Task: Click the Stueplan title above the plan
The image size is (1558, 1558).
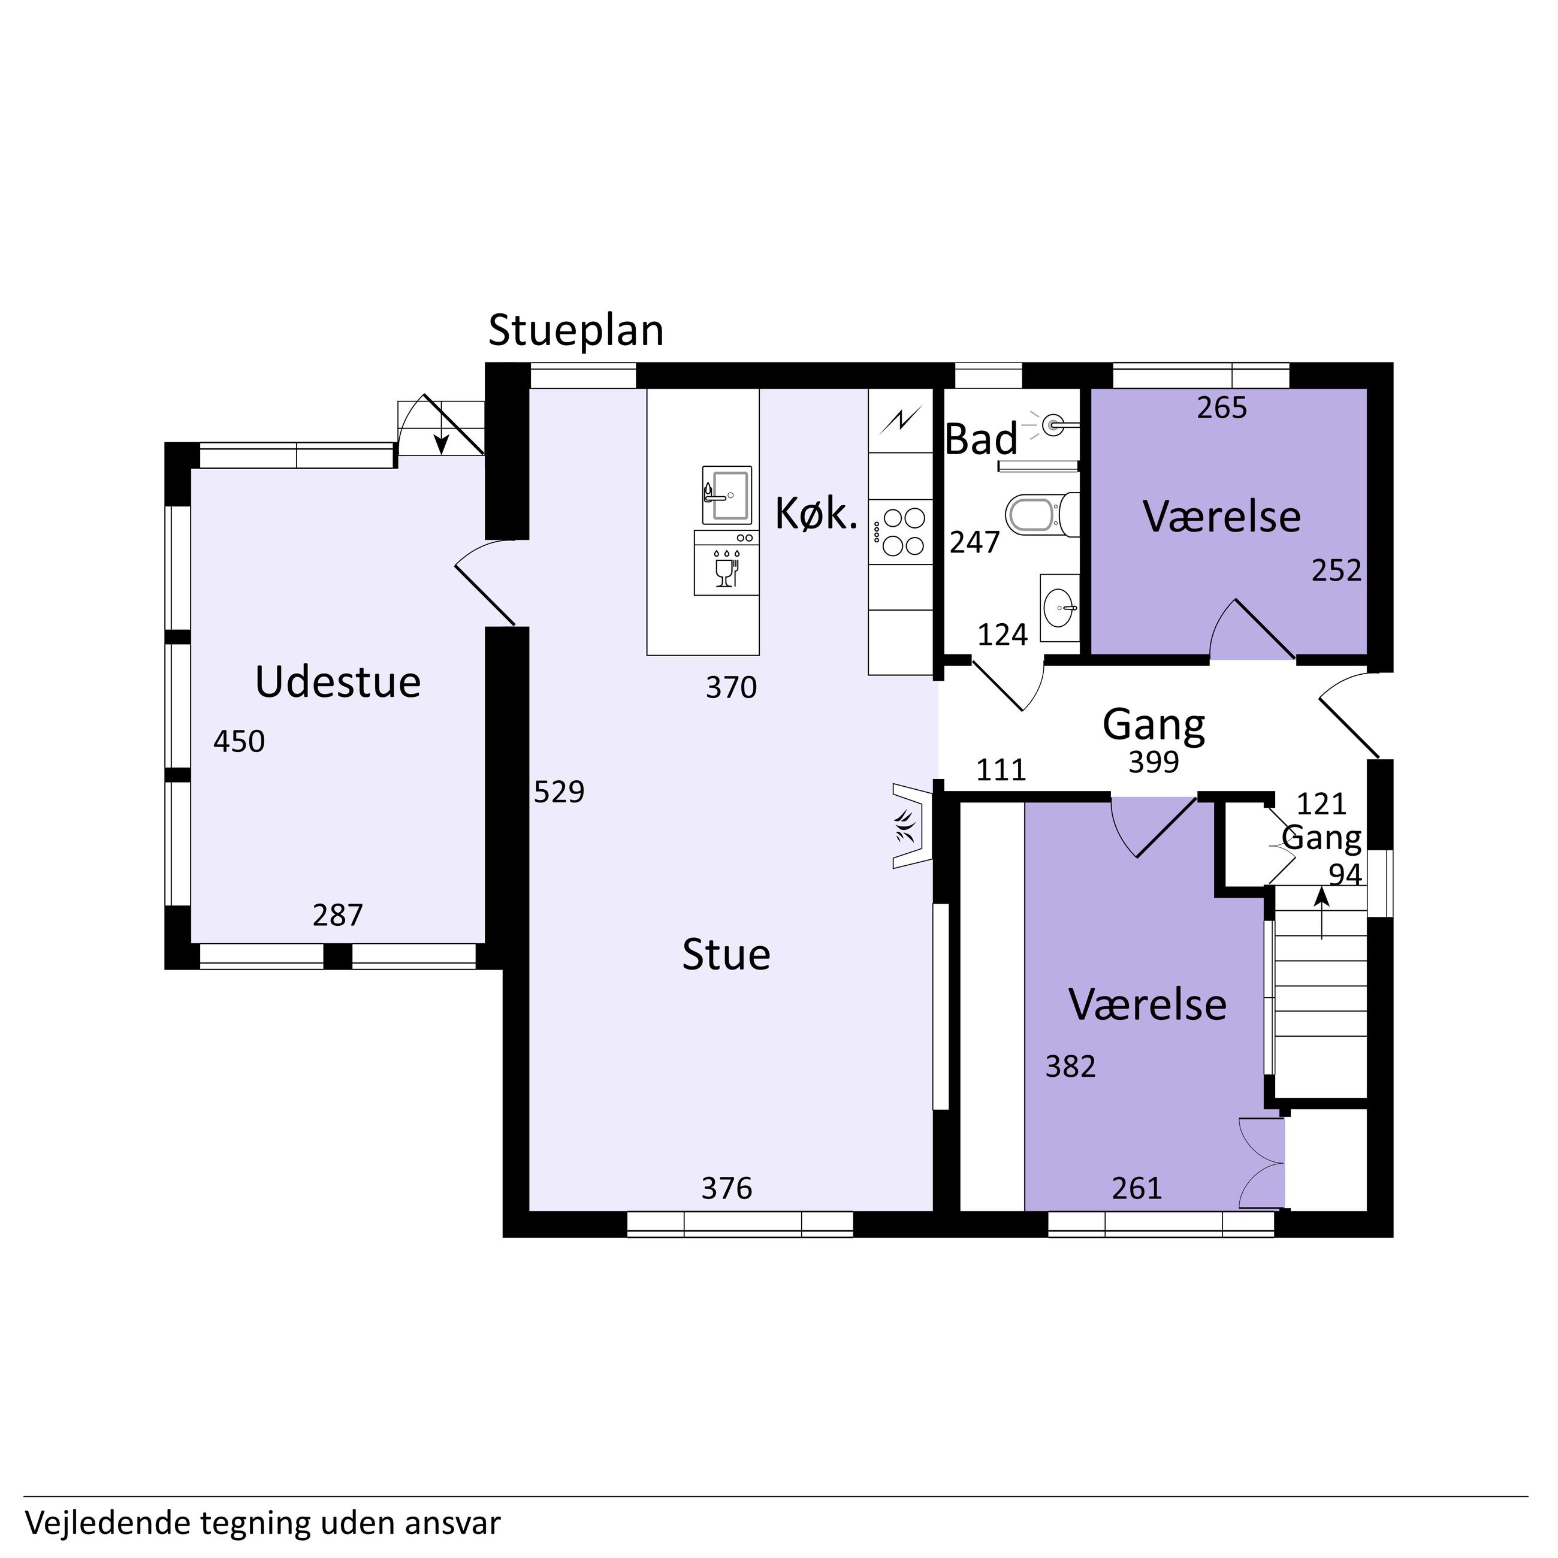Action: click(576, 331)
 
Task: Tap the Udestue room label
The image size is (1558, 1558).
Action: click(338, 683)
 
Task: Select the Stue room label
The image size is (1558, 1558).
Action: click(726, 955)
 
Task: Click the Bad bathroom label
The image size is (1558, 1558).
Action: click(980, 439)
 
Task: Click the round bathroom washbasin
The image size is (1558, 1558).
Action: click(1059, 606)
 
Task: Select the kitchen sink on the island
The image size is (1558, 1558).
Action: click(727, 494)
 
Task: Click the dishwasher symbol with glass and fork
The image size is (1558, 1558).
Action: click(726, 562)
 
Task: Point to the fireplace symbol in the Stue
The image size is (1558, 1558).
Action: click(912, 825)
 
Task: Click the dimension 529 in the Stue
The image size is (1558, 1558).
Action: click(559, 792)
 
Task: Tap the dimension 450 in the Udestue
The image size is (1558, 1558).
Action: click(238, 742)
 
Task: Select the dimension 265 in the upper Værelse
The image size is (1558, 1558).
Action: click(1222, 408)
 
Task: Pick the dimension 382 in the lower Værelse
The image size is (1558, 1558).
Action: click(1070, 1066)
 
